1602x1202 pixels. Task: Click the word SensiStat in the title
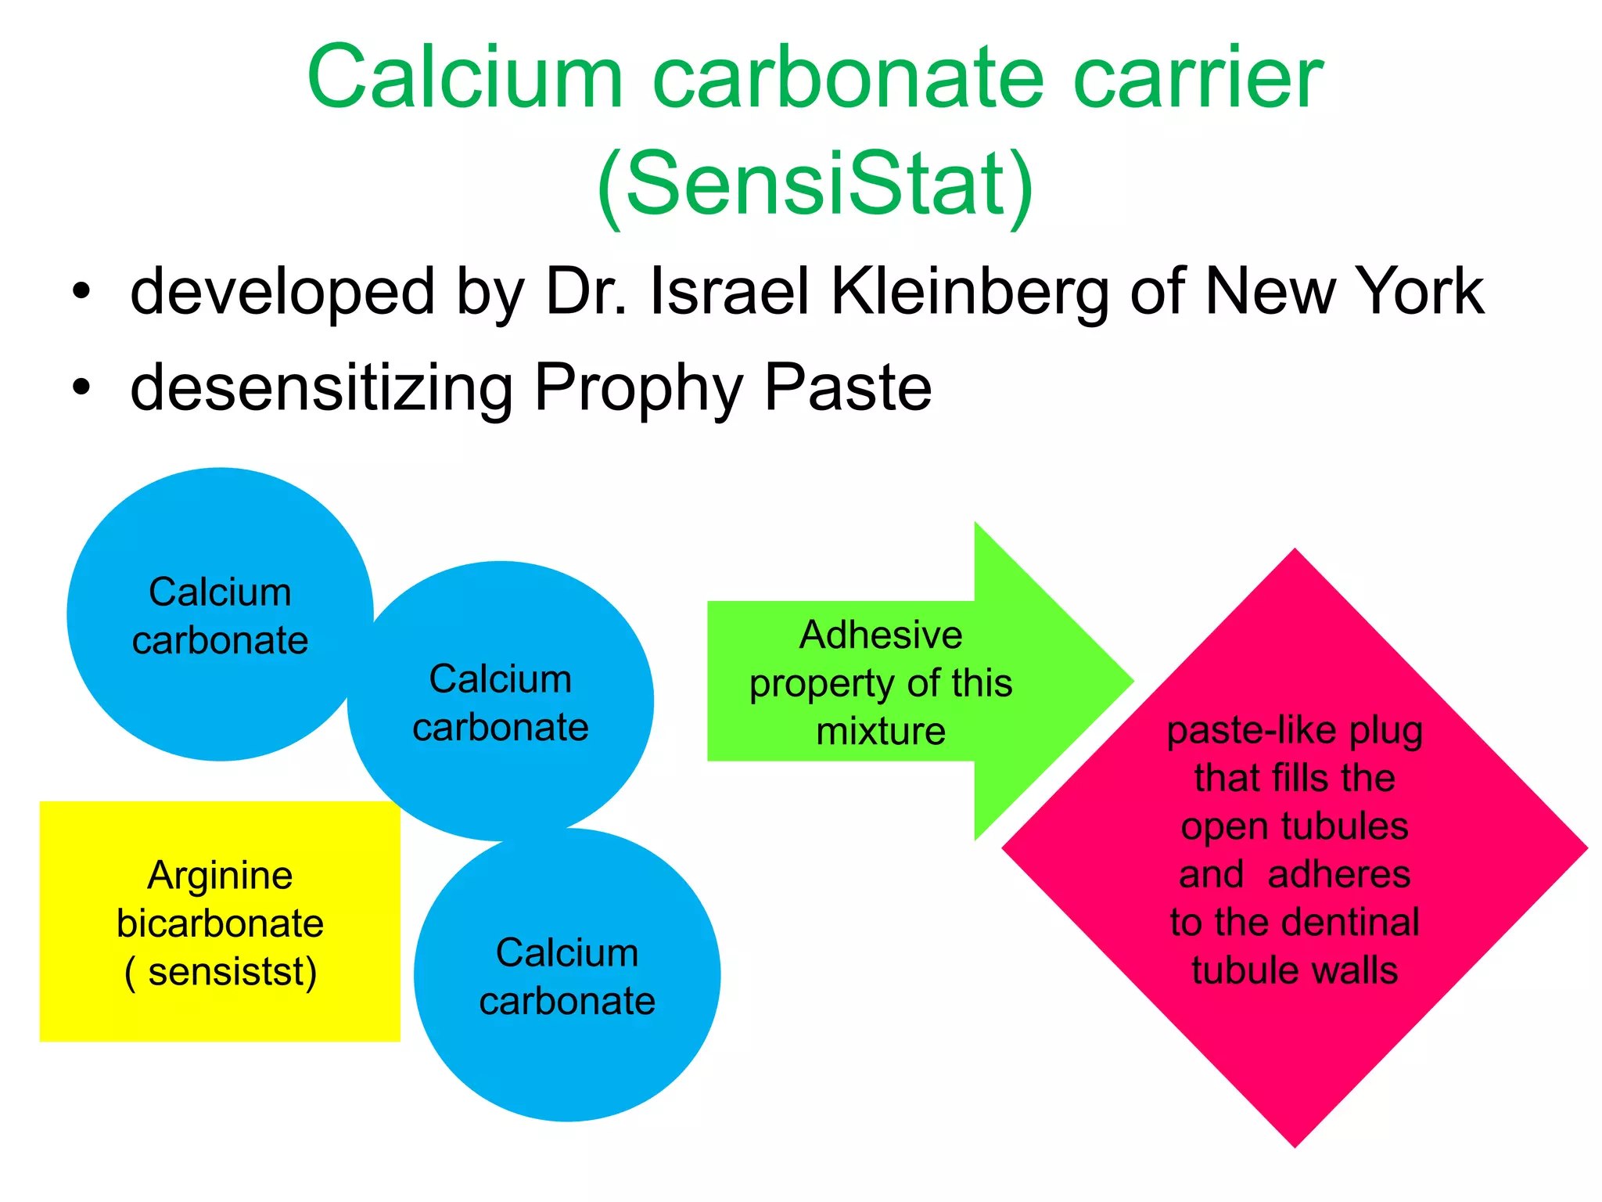pyautogui.click(x=815, y=185)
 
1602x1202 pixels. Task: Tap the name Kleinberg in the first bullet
pyautogui.click(x=971, y=292)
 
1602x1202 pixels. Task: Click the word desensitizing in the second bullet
pyautogui.click(x=321, y=388)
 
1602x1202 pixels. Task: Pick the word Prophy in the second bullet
pyautogui.click(x=637, y=390)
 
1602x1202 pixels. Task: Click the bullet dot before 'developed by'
pyautogui.click(x=81, y=292)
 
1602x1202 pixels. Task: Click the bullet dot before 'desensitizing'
pyautogui.click(x=81, y=387)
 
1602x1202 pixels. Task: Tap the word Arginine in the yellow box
pyautogui.click(x=220, y=876)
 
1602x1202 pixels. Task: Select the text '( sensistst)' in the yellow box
pyautogui.click(x=221, y=973)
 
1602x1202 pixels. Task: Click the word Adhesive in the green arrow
pyautogui.click(x=880, y=635)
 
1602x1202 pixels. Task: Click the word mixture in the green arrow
pyautogui.click(x=881, y=732)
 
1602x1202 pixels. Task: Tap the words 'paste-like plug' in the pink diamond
pyautogui.click(x=1295, y=731)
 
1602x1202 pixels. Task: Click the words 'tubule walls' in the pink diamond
pyautogui.click(x=1295, y=970)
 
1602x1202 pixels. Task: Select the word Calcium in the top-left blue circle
pyautogui.click(x=220, y=592)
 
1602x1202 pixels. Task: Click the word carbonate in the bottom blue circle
pyautogui.click(x=567, y=1002)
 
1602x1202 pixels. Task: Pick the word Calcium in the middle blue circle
pyautogui.click(x=501, y=679)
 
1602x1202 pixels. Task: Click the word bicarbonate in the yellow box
pyautogui.click(x=220, y=924)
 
